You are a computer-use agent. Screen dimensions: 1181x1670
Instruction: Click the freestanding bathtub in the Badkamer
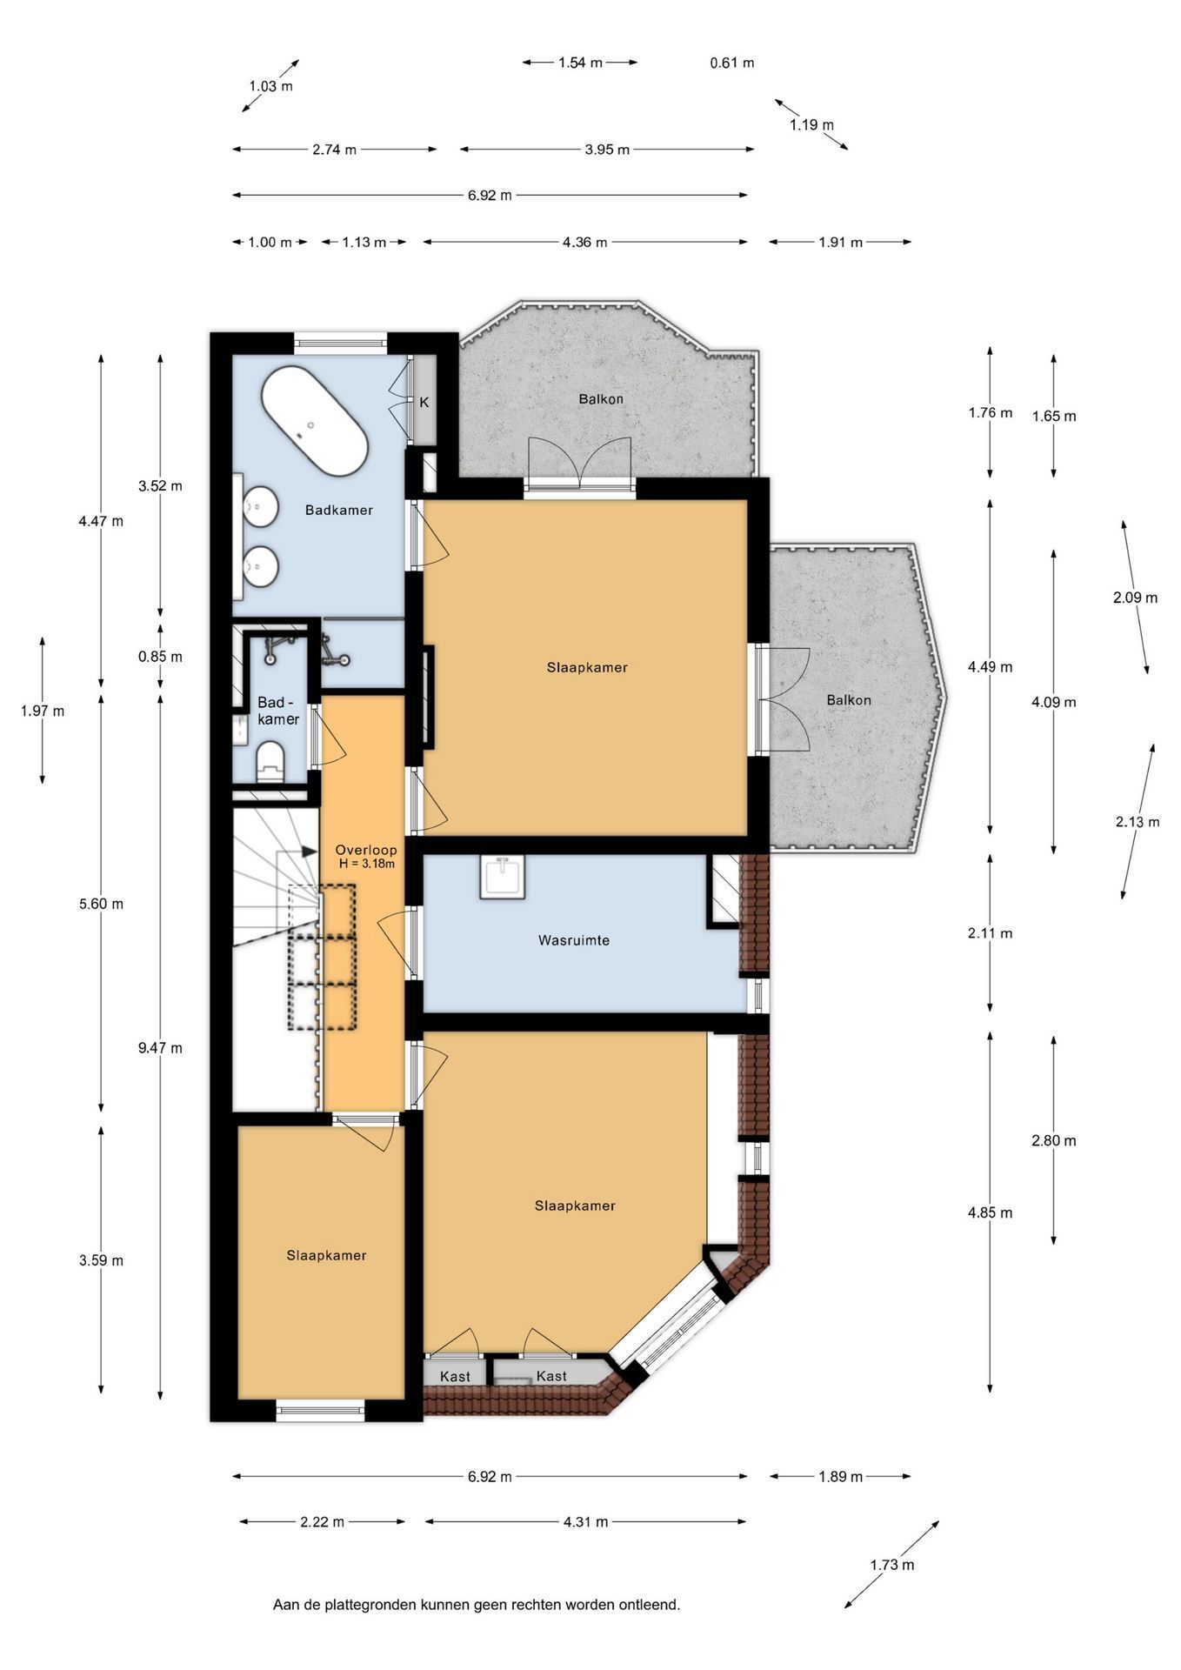point(314,421)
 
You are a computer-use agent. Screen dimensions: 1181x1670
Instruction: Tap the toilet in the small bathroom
point(270,761)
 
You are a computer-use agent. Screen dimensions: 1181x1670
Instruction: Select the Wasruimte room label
point(573,940)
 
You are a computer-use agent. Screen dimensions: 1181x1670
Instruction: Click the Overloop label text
point(366,850)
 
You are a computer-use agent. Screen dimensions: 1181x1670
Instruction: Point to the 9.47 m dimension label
point(160,1048)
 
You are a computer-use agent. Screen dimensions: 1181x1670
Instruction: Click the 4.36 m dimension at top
point(584,243)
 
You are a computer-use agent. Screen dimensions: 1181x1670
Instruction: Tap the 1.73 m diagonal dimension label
point(892,1565)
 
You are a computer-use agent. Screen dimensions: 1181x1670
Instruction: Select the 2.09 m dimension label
point(1135,598)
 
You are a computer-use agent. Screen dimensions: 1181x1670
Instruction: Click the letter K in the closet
point(424,403)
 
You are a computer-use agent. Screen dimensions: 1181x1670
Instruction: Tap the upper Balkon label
point(601,399)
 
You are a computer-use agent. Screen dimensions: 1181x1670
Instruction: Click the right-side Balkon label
point(849,700)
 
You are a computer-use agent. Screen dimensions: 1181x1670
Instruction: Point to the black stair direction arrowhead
point(309,852)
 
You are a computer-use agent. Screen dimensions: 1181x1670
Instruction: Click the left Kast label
point(455,1377)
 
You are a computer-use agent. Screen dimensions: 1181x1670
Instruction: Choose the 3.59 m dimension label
point(101,1260)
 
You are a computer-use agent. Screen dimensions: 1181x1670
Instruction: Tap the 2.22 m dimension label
point(322,1522)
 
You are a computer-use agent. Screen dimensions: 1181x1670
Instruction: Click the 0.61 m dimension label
point(732,63)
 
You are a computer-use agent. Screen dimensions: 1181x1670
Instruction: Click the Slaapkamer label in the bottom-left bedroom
point(326,1255)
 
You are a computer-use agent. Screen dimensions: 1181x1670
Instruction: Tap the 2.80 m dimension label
point(1054,1140)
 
